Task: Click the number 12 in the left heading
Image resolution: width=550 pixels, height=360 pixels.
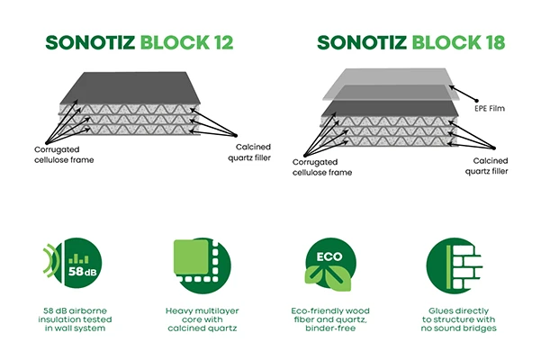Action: pyautogui.click(x=222, y=42)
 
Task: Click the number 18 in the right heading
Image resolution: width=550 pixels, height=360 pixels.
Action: pyautogui.click(x=495, y=42)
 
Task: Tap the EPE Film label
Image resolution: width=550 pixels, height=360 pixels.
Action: pyautogui.click(x=490, y=109)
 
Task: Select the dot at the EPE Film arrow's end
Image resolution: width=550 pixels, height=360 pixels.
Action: pyautogui.click(x=476, y=101)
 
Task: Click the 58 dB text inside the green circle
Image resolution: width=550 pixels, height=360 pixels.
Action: pyautogui.click(x=83, y=271)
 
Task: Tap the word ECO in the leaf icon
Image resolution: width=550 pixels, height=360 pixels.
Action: pyautogui.click(x=329, y=256)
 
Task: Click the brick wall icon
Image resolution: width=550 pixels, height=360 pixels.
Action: pyautogui.click(x=455, y=265)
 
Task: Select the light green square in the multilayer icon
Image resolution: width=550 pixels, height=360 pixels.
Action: pyautogui.click(x=191, y=256)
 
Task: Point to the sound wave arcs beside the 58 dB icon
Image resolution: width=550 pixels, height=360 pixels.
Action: pyautogui.click(x=50, y=258)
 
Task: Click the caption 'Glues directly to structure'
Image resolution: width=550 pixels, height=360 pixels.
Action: pyautogui.click(x=459, y=319)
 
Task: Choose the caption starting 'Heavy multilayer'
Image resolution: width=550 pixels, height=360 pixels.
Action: pyautogui.click(x=203, y=319)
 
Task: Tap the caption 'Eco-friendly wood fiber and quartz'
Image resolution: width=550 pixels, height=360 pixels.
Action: pyautogui.click(x=330, y=319)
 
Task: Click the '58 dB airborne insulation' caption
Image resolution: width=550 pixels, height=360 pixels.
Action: pyautogui.click(x=75, y=319)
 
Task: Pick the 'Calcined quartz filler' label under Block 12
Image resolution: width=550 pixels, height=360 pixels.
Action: pyautogui.click(x=249, y=152)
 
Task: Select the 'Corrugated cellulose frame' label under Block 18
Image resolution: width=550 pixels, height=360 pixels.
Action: pyautogui.click(x=322, y=167)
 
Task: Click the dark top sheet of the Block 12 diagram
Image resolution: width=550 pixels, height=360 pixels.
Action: pyautogui.click(x=131, y=88)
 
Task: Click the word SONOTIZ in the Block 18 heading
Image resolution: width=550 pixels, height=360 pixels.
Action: pyautogui.click(x=362, y=42)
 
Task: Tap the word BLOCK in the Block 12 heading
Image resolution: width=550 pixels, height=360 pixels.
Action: pyautogui.click(x=175, y=42)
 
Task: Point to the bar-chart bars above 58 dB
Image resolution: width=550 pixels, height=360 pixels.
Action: pyautogui.click(x=78, y=258)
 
